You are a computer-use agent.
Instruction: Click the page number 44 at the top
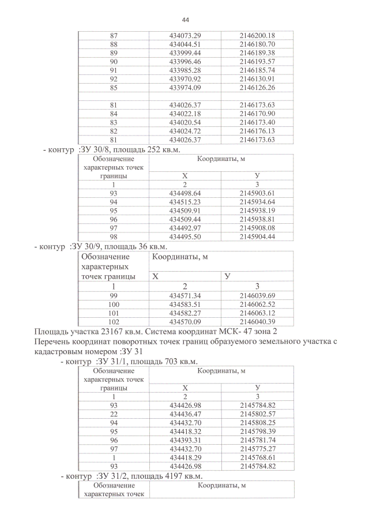click(184, 18)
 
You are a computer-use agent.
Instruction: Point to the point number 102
click(114, 321)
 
